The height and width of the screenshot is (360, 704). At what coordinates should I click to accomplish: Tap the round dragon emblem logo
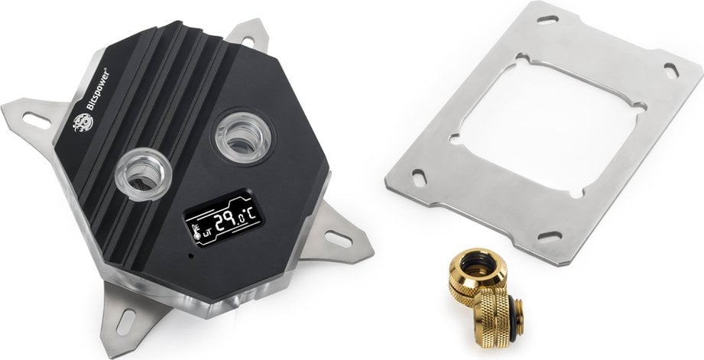tap(83, 122)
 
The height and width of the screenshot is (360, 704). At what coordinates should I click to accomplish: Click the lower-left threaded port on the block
tap(144, 174)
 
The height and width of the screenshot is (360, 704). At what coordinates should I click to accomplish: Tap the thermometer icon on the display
tap(196, 232)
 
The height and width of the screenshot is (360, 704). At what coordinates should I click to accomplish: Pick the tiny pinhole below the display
tap(191, 256)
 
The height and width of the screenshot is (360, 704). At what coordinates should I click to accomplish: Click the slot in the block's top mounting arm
tap(248, 41)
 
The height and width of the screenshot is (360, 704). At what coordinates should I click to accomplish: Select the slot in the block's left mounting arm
tap(37, 120)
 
